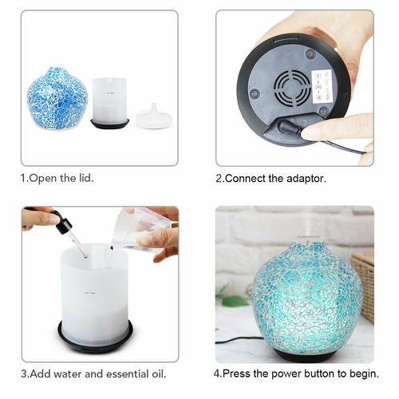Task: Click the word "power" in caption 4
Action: pos(286,373)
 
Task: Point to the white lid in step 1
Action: pos(154,117)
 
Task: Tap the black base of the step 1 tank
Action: pos(110,124)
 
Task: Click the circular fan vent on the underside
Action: pos(292,89)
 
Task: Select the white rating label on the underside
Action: pos(322,86)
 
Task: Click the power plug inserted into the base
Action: pos(289,127)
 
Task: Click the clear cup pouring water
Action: pos(141,229)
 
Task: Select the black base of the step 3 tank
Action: pos(95,338)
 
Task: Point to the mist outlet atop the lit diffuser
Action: pos(310,239)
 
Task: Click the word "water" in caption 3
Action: pos(68,373)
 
